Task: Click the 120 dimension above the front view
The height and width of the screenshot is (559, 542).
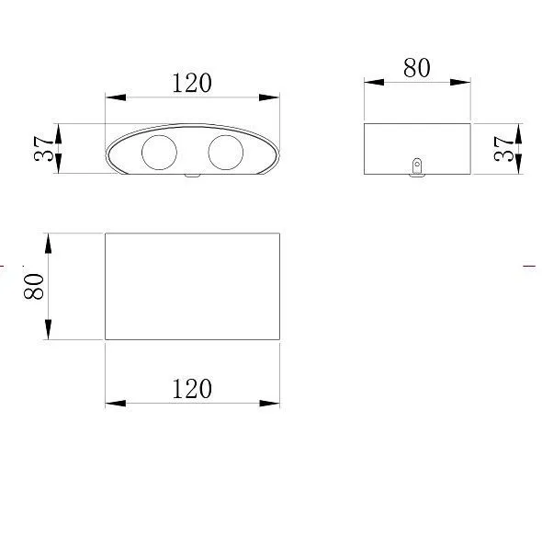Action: [192, 83]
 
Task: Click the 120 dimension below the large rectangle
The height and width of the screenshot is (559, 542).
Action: [192, 389]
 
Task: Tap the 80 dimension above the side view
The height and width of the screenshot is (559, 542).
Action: [417, 68]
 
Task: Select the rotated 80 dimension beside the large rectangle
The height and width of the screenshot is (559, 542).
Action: [34, 286]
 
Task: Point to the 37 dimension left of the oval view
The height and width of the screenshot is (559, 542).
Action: [43, 148]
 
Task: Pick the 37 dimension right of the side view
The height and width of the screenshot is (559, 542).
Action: [503, 149]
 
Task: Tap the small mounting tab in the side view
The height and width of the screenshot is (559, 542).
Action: [417, 167]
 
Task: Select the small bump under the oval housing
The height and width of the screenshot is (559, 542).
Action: [192, 176]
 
